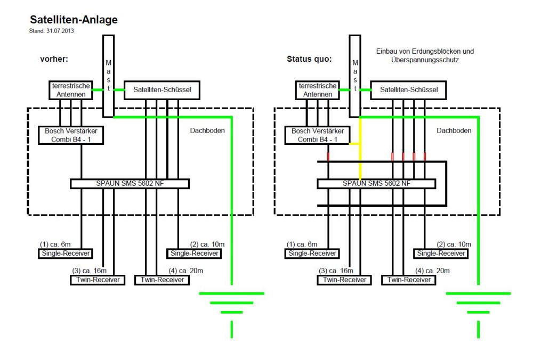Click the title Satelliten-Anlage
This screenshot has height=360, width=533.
[x=74, y=20]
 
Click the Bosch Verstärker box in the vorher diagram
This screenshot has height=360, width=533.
[x=71, y=135]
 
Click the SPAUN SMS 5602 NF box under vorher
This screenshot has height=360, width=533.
[x=130, y=184]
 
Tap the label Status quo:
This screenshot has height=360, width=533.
[x=309, y=59]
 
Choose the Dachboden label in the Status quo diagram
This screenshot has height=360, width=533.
[x=454, y=131]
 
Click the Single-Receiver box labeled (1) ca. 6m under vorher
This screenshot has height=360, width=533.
[x=64, y=253]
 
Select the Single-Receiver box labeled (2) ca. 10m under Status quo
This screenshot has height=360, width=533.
[x=440, y=253]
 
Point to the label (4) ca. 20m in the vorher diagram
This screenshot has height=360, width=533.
[x=191, y=271]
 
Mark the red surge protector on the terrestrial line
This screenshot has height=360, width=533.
[x=328, y=156]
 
